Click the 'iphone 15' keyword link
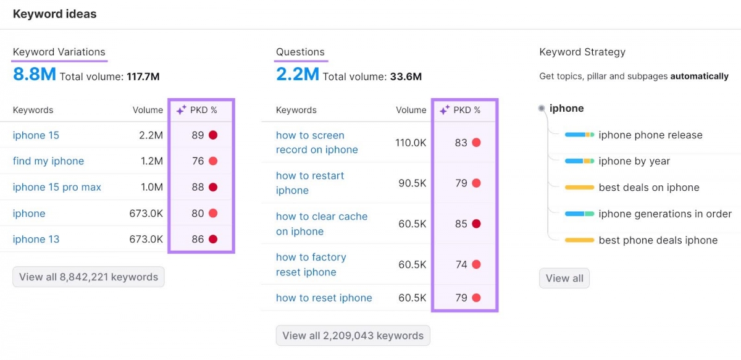[36, 135]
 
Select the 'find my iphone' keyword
[48, 161]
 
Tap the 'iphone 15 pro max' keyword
[57, 187]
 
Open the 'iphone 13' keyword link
[36, 240]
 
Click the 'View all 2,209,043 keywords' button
[353, 336]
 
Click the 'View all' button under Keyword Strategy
[564, 278]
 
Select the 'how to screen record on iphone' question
[317, 143]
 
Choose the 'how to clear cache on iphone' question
[321, 224]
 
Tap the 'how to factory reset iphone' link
[311, 264]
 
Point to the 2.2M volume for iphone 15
[151, 135]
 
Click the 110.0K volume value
[411, 143]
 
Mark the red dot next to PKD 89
[213, 135]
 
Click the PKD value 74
[461, 264]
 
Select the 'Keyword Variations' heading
[59, 52]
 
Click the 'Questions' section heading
[300, 52]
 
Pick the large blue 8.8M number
[35, 75]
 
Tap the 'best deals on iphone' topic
[649, 188]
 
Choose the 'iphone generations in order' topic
[665, 214]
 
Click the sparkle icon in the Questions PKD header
[444, 110]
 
